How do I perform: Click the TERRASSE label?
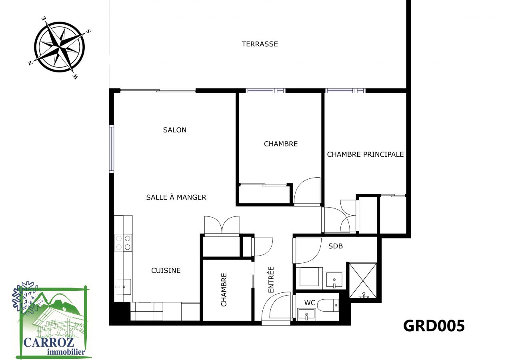(260, 44)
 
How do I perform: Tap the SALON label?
(174, 130)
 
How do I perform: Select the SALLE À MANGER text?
(176, 197)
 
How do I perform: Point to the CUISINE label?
(166, 270)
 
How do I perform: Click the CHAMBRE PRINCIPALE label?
(365, 154)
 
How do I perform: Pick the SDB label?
(336, 246)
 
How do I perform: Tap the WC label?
(310, 303)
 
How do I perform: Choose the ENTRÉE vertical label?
(271, 280)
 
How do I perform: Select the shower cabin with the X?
(363, 280)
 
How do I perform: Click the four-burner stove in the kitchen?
(123, 243)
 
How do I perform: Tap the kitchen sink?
(124, 287)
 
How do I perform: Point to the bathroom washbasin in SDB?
(334, 280)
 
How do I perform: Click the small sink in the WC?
(306, 314)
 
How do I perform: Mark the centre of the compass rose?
(59, 47)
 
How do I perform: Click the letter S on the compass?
(88, 31)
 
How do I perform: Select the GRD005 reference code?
(434, 326)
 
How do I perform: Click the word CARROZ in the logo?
(49, 342)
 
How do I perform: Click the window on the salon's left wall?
(112, 149)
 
